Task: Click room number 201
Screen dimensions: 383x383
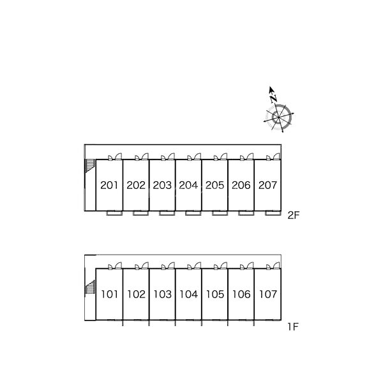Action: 109,186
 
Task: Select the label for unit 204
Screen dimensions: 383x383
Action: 188,186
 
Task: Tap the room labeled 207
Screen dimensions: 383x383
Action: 267,186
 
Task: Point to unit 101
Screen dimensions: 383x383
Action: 109,294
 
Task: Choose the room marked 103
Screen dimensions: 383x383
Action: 162,294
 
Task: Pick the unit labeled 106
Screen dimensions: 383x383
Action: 241,294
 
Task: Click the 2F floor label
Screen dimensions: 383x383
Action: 293,216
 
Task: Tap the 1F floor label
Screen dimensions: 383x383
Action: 292,327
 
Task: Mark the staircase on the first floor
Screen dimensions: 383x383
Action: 89,288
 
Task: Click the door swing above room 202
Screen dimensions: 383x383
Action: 141,156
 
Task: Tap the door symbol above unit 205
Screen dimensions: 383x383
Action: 220,156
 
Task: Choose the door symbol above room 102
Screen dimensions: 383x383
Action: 141,265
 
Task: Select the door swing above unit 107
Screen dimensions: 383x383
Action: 273,265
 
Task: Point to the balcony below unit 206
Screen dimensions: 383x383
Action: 245,213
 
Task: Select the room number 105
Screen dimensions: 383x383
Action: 215,294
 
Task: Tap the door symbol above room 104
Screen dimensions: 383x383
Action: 193,265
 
